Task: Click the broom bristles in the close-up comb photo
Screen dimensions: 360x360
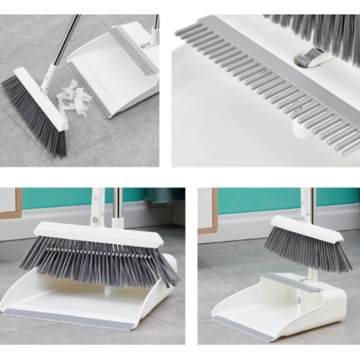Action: point(315,27)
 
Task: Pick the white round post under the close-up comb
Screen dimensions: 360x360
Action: point(300,128)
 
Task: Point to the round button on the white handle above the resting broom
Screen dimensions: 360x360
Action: point(92,216)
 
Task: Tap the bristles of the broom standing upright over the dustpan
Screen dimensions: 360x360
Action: point(306,249)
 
